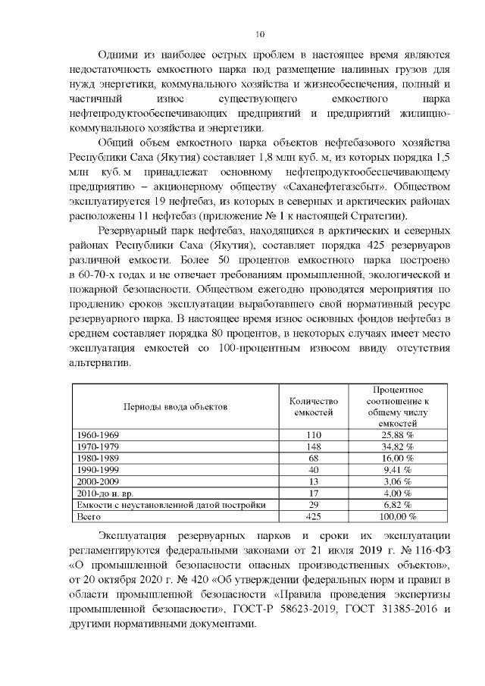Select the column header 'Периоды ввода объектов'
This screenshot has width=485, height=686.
tap(175, 407)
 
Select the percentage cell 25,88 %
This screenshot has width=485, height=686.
tap(397, 435)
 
